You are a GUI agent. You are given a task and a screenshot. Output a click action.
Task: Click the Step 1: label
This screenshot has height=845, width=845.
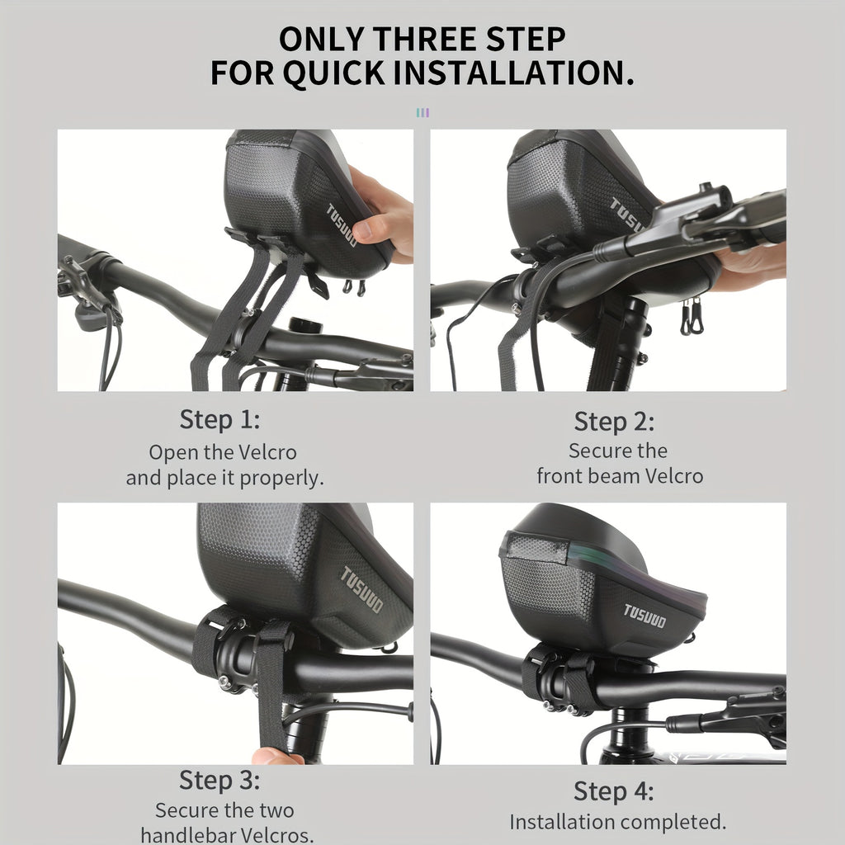coord(220,419)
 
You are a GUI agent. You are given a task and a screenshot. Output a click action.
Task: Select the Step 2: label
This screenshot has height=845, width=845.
coord(614,422)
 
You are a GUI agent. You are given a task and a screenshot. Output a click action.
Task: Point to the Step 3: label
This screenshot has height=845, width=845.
coord(220,780)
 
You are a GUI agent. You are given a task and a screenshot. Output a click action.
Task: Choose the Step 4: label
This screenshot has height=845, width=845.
coord(614,791)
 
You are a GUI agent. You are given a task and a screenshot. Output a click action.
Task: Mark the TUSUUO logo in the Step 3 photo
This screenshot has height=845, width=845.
coord(362,589)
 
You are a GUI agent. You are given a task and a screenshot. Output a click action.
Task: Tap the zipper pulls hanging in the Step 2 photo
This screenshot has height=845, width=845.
coord(692,317)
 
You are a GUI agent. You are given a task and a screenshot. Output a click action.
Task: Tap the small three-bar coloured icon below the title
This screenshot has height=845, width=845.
coord(422,112)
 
